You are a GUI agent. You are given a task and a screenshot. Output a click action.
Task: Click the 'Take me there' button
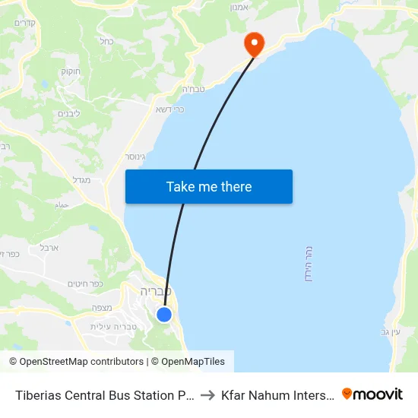click(209, 186)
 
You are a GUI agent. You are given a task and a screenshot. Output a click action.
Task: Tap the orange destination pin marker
click(253, 43)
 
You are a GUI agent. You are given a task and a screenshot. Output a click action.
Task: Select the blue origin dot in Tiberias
click(164, 314)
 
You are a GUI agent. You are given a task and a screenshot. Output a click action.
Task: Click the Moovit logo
click(372, 394)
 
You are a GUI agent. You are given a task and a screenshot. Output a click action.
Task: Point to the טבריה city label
click(156, 291)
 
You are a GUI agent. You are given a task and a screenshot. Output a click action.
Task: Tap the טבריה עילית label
click(113, 326)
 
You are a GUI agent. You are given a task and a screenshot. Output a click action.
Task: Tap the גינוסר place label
click(137, 157)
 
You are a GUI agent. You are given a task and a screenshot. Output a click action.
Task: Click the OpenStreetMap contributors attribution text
click(76, 362)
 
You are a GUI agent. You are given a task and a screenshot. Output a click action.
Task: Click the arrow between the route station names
click(207, 394)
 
